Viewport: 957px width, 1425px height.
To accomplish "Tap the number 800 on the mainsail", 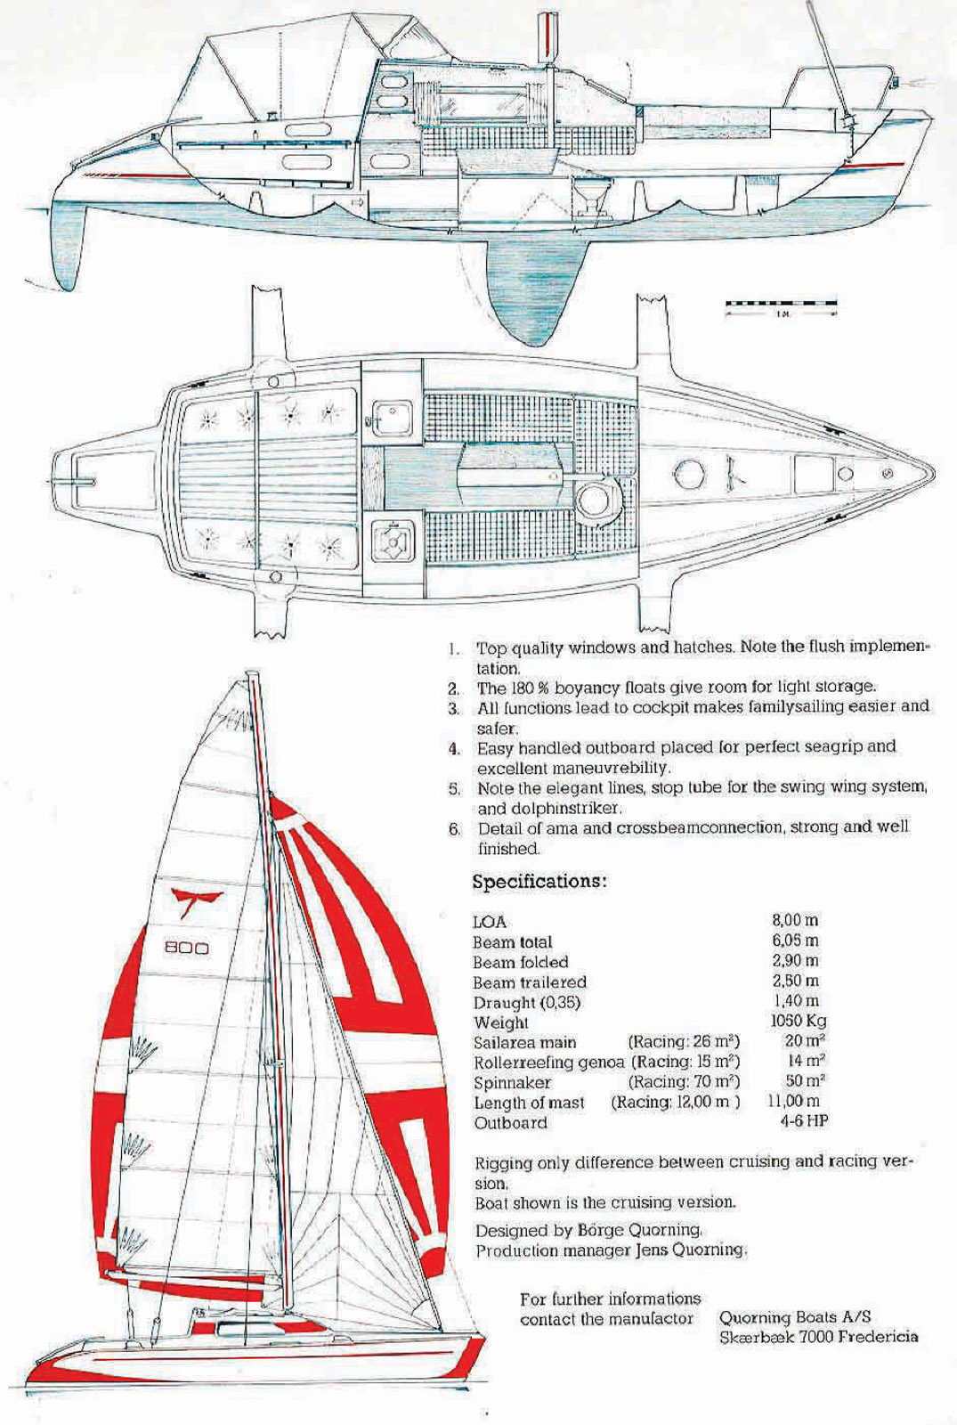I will tap(187, 948).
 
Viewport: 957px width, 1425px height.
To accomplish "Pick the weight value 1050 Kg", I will tap(798, 1022).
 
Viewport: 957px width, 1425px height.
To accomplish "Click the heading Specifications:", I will tap(539, 882).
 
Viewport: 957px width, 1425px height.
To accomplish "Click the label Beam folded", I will tap(520, 962).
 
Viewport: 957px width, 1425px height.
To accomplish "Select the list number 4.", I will tap(454, 747).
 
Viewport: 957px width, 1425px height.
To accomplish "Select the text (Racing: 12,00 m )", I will tap(675, 1102).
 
